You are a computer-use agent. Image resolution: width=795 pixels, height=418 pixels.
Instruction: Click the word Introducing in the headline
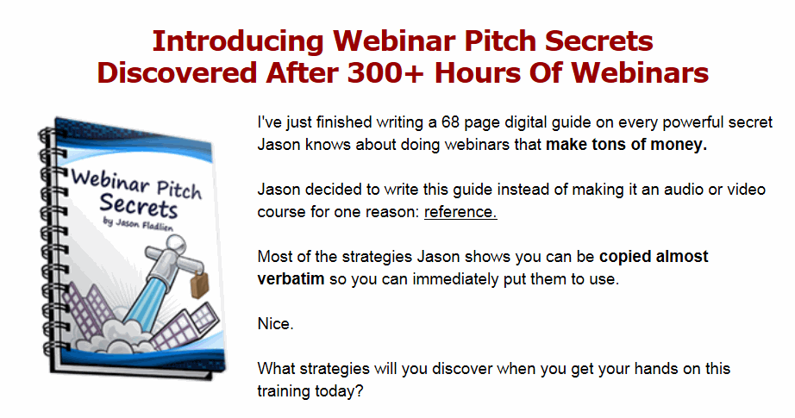tap(238, 41)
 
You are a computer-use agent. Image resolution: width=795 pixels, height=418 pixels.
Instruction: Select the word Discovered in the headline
tap(178, 73)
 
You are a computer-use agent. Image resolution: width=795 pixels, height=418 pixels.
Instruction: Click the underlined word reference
tap(460, 212)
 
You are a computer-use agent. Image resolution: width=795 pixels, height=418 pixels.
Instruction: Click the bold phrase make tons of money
tap(626, 145)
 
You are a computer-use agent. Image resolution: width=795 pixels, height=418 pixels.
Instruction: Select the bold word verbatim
tap(291, 279)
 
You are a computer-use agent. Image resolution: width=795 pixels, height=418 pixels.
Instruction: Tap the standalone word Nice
tap(275, 324)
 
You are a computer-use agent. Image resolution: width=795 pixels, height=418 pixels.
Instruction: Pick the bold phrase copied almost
tap(654, 257)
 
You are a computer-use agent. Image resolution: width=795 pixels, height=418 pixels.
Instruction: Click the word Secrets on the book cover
tap(139, 206)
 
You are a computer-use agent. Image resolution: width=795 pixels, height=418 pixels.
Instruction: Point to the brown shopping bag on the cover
tap(199, 284)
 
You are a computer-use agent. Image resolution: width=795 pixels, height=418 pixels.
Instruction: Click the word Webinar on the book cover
tap(110, 181)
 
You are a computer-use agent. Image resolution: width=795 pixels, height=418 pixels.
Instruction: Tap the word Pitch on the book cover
tap(179, 190)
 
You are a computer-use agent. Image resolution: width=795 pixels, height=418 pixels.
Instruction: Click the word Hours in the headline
tap(478, 73)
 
